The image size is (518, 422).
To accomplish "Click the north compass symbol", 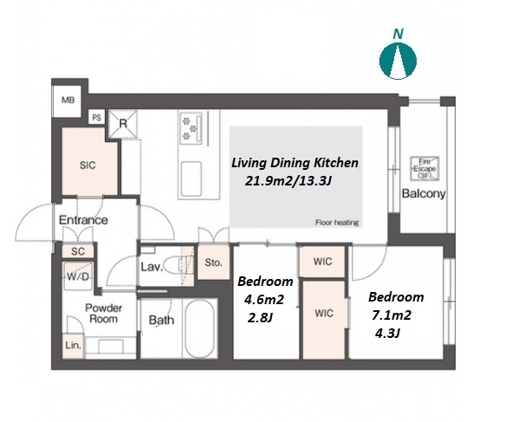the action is pyautogui.click(x=398, y=61).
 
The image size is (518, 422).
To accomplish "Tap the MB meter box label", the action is pyautogui.click(x=68, y=100).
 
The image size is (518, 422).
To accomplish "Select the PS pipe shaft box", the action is pyautogui.click(x=97, y=117).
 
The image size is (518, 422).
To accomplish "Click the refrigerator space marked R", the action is pyautogui.click(x=123, y=124).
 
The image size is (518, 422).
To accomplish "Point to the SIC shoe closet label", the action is pyautogui.click(x=87, y=166).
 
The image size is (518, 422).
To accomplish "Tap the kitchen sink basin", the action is pyautogui.click(x=191, y=179).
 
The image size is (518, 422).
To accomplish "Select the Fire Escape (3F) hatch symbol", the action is pyautogui.click(x=424, y=168).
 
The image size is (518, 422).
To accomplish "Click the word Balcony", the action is pyautogui.click(x=424, y=193).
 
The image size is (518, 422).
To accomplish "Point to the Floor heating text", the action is pyautogui.click(x=337, y=223).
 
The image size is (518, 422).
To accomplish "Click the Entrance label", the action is pyautogui.click(x=83, y=220).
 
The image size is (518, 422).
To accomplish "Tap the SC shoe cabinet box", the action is pyautogui.click(x=78, y=251).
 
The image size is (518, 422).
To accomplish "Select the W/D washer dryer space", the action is pyautogui.click(x=78, y=276).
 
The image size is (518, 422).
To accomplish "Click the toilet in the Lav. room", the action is pyautogui.click(x=178, y=265).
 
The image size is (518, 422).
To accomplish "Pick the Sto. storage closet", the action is pyautogui.click(x=213, y=263).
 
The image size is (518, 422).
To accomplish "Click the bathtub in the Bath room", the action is pyautogui.click(x=199, y=328).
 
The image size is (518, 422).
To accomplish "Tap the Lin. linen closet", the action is pyautogui.click(x=73, y=346).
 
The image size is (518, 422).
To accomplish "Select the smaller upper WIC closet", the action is pyautogui.click(x=322, y=262).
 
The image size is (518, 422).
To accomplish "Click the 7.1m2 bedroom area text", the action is pyautogui.click(x=392, y=315).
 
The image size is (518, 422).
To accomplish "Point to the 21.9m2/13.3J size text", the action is pyautogui.click(x=288, y=181).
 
